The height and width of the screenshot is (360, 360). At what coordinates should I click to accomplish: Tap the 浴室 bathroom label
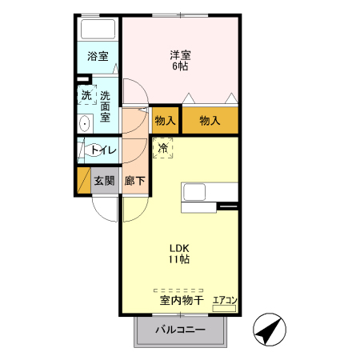click(98, 58)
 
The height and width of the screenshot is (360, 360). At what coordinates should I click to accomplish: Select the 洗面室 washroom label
click(105, 106)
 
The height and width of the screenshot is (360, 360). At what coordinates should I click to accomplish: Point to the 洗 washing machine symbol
click(86, 95)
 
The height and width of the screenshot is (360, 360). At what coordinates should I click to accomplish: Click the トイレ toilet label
click(103, 150)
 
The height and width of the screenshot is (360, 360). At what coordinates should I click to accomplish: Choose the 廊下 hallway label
click(135, 181)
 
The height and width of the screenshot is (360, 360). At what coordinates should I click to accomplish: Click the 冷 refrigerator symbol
click(162, 147)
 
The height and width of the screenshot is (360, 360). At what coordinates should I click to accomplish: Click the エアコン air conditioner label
click(225, 301)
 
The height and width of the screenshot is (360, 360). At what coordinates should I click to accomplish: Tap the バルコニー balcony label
click(180, 330)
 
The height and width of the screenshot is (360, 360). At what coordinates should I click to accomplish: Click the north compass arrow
click(270, 329)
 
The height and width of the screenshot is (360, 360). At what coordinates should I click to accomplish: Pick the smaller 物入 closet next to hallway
click(166, 120)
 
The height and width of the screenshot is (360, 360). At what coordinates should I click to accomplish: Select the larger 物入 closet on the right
click(210, 120)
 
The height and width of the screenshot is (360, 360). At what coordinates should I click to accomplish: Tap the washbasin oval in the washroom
click(84, 124)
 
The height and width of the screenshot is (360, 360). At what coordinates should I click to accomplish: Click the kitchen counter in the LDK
click(210, 192)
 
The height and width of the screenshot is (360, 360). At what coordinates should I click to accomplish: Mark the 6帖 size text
click(180, 66)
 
